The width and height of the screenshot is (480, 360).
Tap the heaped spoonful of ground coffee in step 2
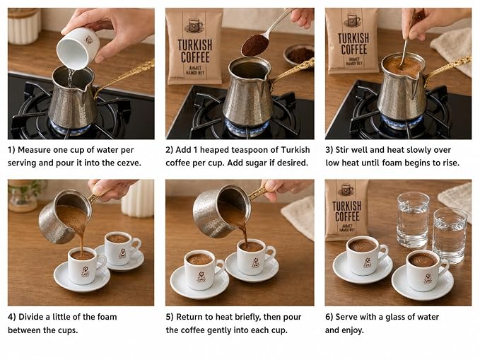coord(254,45)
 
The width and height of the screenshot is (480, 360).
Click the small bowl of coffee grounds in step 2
coord(298,54)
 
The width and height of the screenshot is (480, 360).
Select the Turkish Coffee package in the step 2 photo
coord(194,46)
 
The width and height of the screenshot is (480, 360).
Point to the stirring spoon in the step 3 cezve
coord(404,54)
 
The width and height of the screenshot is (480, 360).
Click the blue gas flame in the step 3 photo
coord(402,122)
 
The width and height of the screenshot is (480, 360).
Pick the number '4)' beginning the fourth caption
coord(12,317)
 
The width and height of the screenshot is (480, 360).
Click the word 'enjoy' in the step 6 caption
coord(351,330)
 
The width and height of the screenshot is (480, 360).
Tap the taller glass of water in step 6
coord(413,220)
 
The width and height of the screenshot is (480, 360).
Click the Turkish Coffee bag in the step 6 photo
coord(347,210)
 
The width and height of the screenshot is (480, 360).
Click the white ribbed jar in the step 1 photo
coord(25,26)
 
